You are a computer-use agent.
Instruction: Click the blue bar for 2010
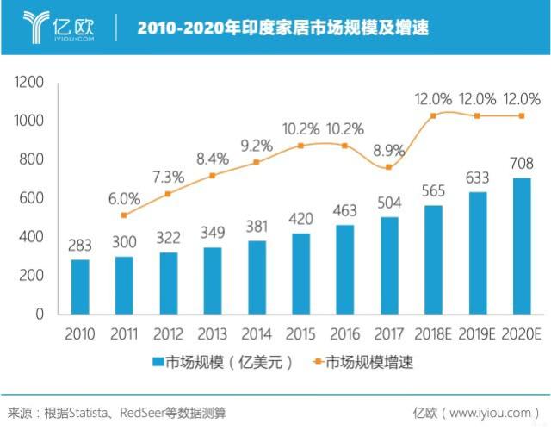coord(80,286)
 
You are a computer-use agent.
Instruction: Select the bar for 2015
coord(301,273)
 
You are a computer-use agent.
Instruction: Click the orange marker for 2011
coord(124,215)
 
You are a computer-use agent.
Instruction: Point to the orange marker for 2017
coord(389,167)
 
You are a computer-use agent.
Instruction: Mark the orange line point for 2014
coord(257,162)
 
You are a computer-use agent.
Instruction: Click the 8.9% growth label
coord(389,151)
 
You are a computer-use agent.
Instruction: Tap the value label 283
coord(80,246)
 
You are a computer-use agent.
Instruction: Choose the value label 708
coord(522,164)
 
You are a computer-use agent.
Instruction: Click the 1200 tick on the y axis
coord(28,83)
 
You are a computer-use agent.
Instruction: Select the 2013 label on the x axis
coord(213,333)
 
